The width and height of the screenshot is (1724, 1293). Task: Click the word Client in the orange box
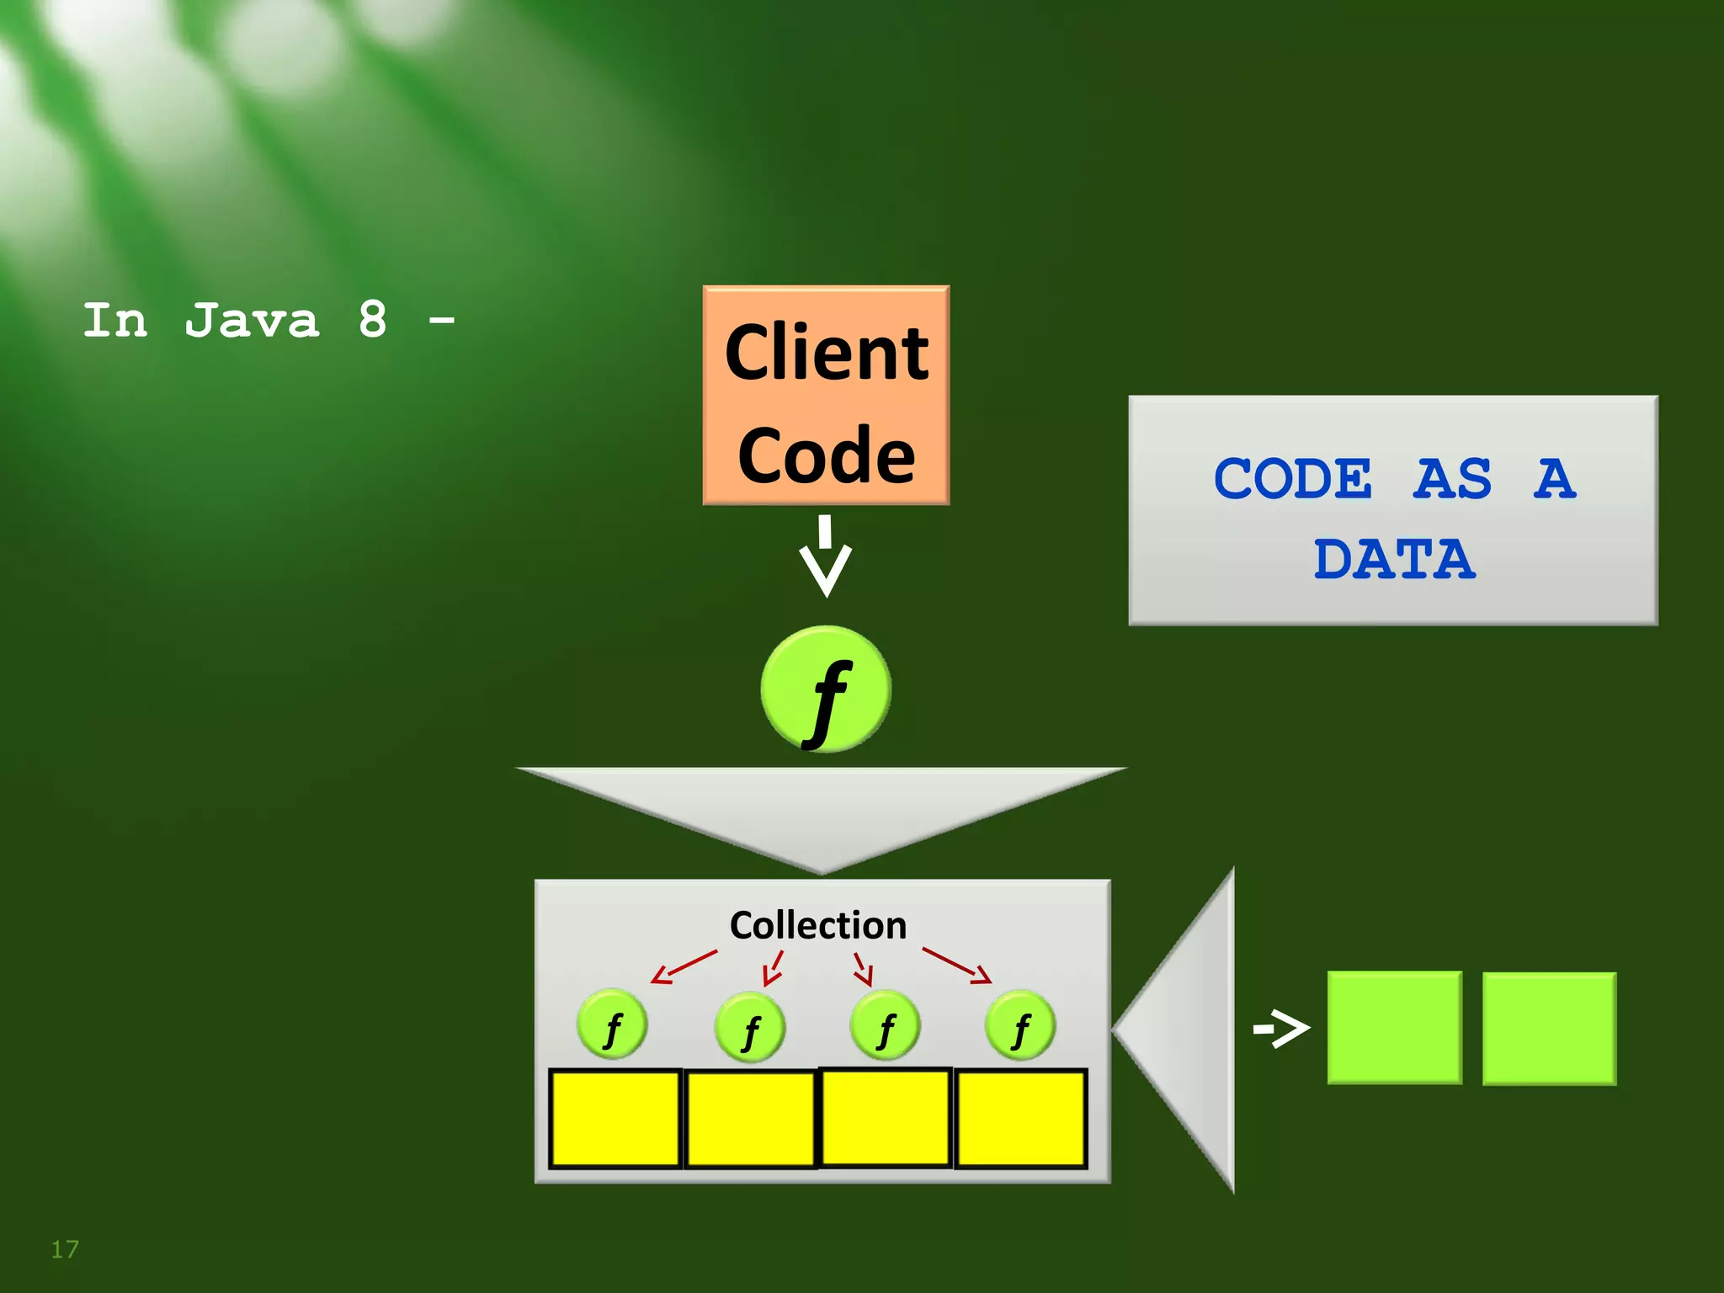tap(826, 353)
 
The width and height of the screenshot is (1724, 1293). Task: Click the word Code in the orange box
tap(826, 455)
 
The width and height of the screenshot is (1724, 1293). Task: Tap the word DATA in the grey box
tap(1394, 560)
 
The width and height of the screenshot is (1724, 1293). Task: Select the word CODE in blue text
tap(1293, 479)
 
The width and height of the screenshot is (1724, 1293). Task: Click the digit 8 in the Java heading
tap(372, 320)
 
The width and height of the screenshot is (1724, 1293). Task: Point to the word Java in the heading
tap(252, 321)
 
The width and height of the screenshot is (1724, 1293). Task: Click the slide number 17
tap(65, 1249)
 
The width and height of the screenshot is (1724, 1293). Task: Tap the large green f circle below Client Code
tap(825, 689)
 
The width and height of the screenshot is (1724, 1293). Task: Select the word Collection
tap(818, 925)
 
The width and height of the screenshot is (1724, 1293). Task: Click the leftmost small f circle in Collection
tap(612, 1024)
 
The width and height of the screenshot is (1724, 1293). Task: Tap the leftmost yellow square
tap(615, 1119)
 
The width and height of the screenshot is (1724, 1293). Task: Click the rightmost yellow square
tap(1021, 1119)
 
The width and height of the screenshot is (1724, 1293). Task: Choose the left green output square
tap(1394, 1028)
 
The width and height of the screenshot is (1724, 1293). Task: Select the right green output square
tap(1549, 1029)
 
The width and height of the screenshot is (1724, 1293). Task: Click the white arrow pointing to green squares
tap(1281, 1028)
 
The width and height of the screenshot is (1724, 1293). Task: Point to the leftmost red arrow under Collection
tap(684, 966)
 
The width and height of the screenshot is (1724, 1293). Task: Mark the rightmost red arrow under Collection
tap(957, 966)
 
